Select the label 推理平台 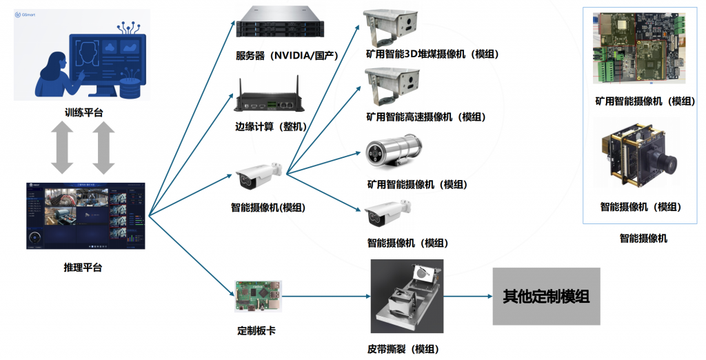pos(82,268)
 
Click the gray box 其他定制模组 pos(546,297)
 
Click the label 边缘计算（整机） pos(271,126)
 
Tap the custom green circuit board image pos(258,297)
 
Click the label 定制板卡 pos(256,330)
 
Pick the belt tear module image pos(407,297)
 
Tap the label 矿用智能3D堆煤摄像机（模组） pos(432,54)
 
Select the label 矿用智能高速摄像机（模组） pos(425,117)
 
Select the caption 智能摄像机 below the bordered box pos(643,239)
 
